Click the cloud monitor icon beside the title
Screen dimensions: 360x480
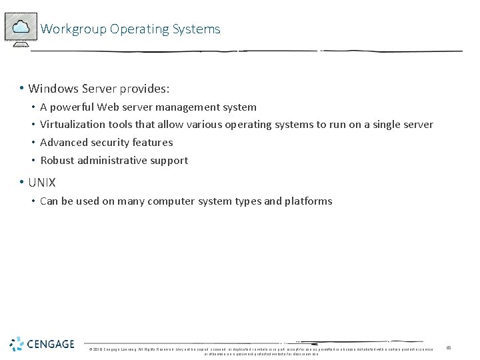[21, 27]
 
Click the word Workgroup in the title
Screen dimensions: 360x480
[73, 29]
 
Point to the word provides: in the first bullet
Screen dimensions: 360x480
[145, 89]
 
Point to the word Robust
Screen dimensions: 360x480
[57, 161]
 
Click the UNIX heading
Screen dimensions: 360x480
[42, 183]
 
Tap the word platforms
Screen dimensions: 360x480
[308, 201]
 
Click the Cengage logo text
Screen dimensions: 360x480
[51, 345]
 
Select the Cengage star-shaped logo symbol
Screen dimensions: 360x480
[17, 344]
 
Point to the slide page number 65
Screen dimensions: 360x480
[449, 347]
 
